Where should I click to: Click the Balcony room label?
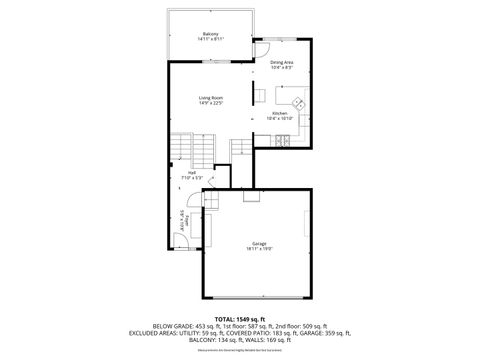[x=211, y=34]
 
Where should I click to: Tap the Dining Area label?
[x=282, y=63]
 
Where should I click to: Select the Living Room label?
[x=210, y=97]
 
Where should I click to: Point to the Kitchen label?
[x=280, y=113]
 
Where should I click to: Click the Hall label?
[x=192, y=172]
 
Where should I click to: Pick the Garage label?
[x=259, y=244]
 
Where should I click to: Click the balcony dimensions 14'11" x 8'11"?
[x=211, y=39]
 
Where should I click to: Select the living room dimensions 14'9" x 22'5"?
[x=210, y=102]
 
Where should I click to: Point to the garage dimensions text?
[x=259, y=249]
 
